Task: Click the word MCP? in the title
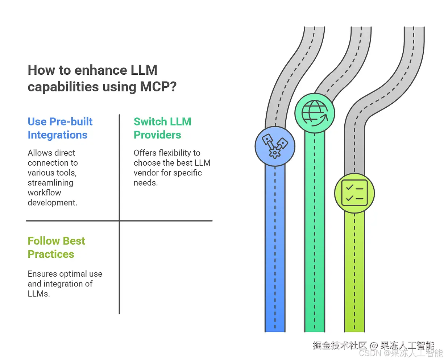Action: [x=158, y=86]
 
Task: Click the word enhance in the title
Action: [x=101, y=70]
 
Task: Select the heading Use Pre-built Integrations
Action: [x=60, y=128]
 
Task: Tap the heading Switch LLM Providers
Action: [x=162, y=128]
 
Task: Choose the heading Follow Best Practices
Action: [x=56, y=248]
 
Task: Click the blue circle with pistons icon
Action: [x=275, y=146]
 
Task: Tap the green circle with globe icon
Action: [x=315, y=113]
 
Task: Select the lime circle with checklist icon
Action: [x=354, y=193]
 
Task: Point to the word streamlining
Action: [x=50, y=183]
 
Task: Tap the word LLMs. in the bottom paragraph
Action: [x=39, y=294]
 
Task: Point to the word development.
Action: [x=53, y=203]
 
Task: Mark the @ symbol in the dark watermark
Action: [x=374, y=345]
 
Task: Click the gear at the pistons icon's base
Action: [x=275, y=153]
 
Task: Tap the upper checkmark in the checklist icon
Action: [x=349, y=187]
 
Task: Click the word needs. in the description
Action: [x=146, y=183]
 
